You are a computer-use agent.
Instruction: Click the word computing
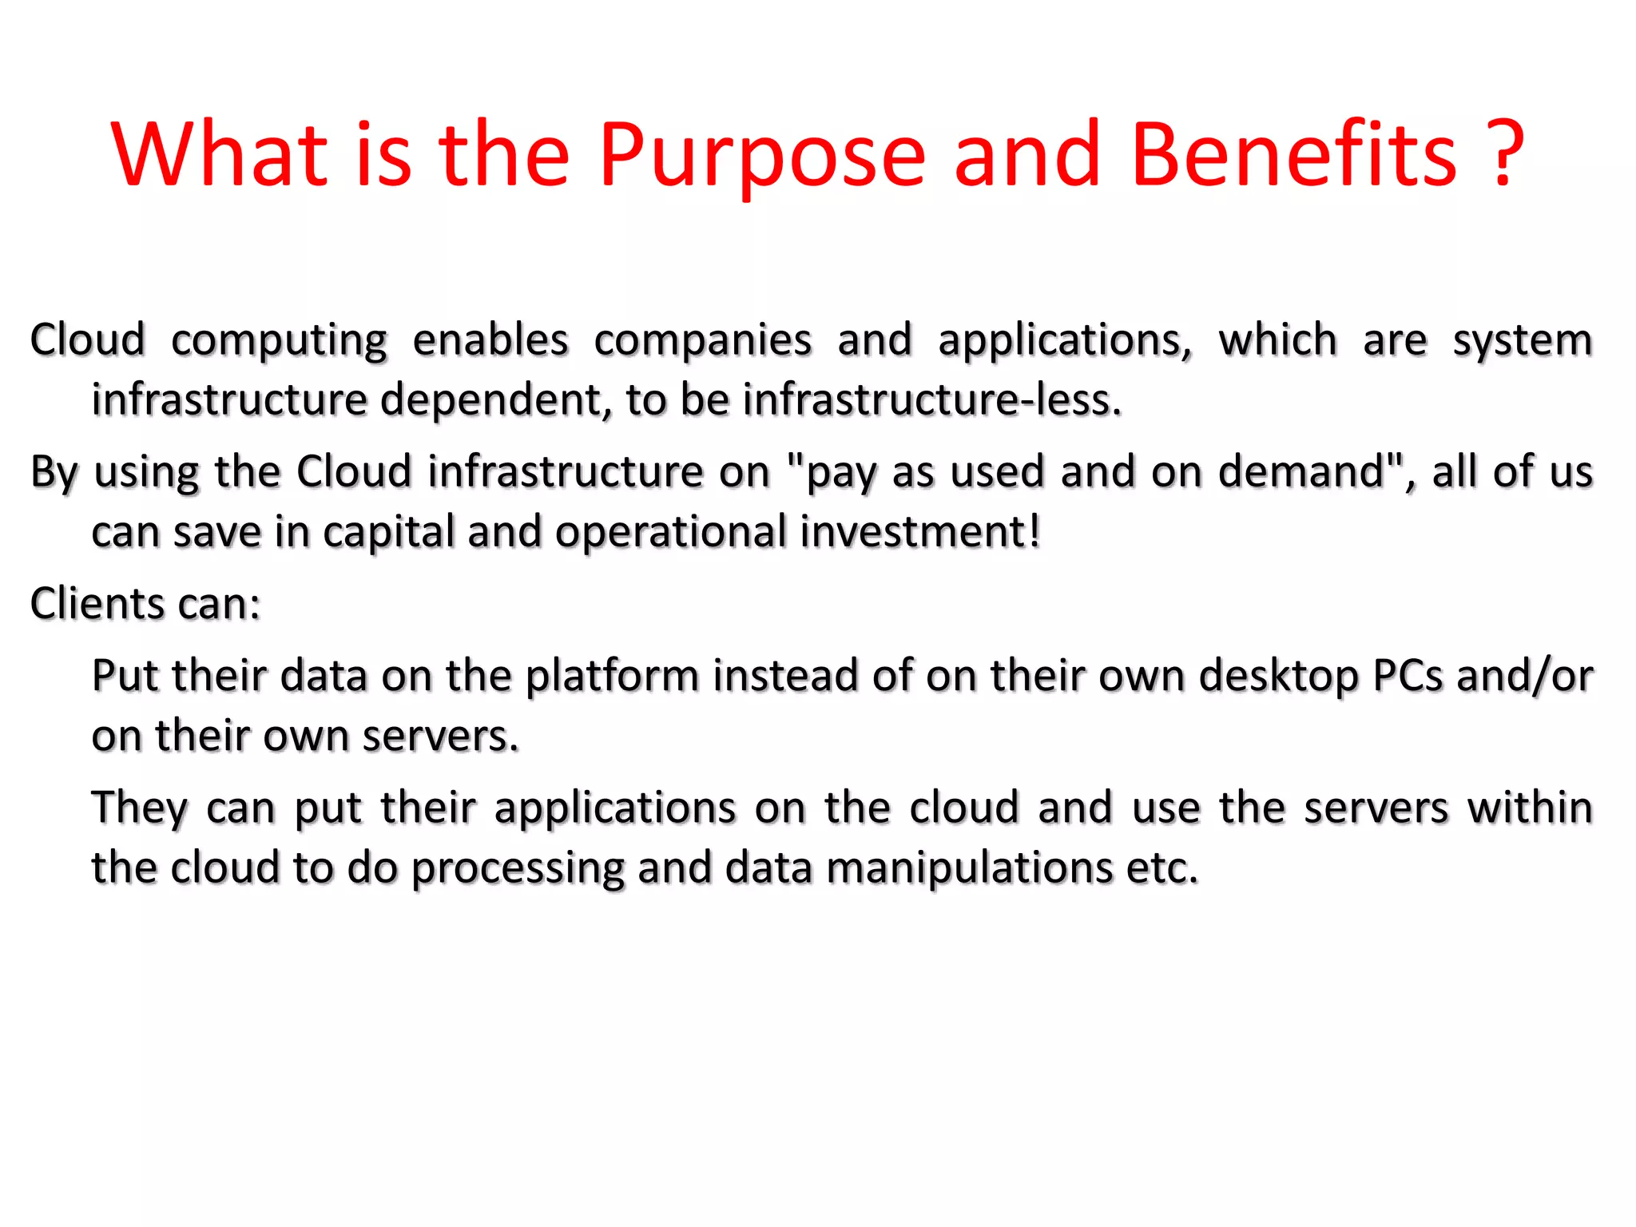click(279, 341)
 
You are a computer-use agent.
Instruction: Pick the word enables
click(490, 340)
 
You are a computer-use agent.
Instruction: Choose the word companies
click(703, 341)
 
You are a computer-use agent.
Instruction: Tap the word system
click(1522, 341)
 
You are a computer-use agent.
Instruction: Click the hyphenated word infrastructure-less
click(932, 399)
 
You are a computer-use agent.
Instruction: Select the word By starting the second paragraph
click(54, 472)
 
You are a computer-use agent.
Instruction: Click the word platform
click(612, 677)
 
